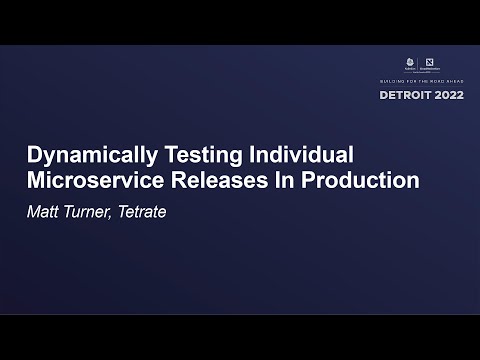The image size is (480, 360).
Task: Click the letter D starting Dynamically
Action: click(31, 157)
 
